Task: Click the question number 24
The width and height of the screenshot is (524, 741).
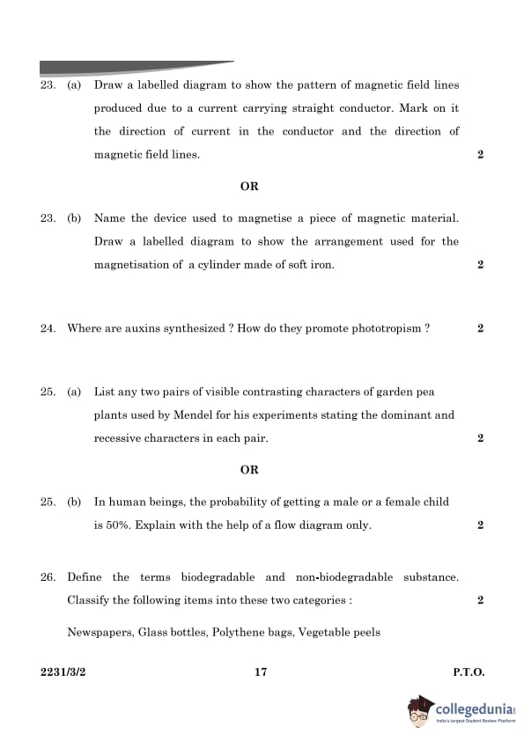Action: coord(48,328)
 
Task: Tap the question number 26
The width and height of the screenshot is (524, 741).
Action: coord(48,577)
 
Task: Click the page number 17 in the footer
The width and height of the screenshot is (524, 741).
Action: coord(261,672)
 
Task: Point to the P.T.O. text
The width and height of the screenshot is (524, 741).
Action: coord(469,672)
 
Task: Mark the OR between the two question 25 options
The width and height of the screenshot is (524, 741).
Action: coord(249,470)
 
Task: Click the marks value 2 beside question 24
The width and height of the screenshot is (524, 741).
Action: coord(480,328)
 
